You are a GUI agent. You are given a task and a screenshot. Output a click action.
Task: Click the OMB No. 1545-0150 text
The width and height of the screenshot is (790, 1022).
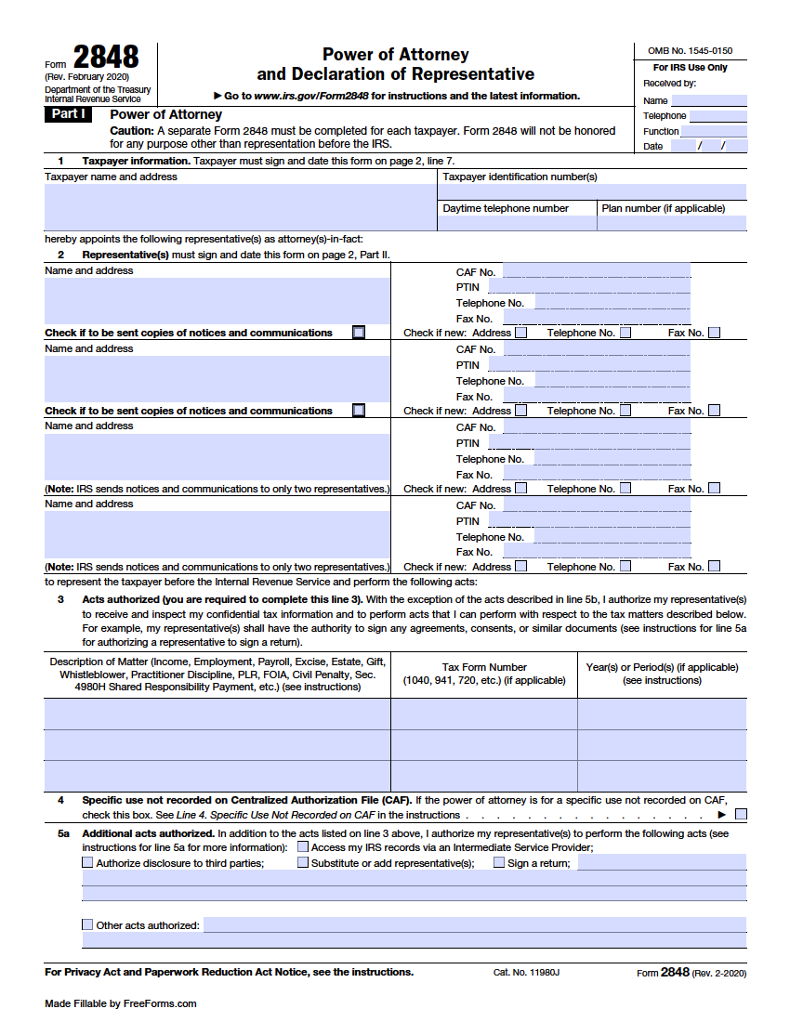pyautogui.click(x=690, y=50)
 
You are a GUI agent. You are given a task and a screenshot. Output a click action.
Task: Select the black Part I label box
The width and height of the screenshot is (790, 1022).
pyautogui.click(x=68, y=114)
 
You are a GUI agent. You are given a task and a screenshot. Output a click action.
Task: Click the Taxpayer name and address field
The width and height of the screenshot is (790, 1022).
pyautogui.click(x=240, y=206)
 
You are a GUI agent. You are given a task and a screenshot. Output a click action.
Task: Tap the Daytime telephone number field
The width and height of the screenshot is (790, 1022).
pyautogui.click(x=517, y=223)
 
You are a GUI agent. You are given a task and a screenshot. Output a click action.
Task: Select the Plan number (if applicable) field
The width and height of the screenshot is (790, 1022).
pyautogui.click(x=672, y=223)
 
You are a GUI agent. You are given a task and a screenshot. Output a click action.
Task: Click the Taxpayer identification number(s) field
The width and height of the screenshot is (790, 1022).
pyautogui.click(x=592, y=192)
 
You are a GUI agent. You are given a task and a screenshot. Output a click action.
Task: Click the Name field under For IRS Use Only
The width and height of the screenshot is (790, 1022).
pyautogui.click(x=708, y=100)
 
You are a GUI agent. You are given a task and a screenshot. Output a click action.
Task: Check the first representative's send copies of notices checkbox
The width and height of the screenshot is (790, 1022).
pyautogui.click(x=359, y=333)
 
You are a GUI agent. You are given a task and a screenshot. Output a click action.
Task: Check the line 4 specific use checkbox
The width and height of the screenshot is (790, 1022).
pyautogui.click(x=741, y=815)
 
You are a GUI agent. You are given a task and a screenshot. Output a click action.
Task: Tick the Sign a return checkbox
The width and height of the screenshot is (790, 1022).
pyautogui.click(x=499, y=862)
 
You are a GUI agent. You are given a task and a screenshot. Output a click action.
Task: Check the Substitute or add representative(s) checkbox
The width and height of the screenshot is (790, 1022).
pyautogui.click(x=303, y=862)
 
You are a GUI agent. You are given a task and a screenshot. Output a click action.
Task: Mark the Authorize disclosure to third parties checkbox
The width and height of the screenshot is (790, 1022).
pyautogui.click(x=87, y=862)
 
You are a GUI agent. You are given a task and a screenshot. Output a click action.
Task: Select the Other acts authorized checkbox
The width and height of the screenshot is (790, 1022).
pyautogui.click(x=87, y=924)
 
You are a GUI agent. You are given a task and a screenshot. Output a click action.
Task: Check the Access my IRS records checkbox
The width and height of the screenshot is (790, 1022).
pyautogui.click(x=303, y=846)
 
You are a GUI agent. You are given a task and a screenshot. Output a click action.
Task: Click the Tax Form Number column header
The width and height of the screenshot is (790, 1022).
pyautogui.click(x=484, y=674)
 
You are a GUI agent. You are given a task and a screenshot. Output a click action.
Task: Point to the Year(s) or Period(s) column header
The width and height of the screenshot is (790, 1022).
pyautogui.click(x=662, y=674)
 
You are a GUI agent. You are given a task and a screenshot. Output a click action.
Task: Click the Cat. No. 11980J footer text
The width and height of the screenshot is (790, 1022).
pyautogui.click(x=526, y=973)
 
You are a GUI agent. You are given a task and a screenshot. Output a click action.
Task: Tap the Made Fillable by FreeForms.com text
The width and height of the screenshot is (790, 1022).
pyautogui.click(x=121, y=1003)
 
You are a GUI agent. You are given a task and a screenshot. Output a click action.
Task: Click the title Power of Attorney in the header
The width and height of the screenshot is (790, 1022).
pyautogui.click(x=395, y=55)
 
